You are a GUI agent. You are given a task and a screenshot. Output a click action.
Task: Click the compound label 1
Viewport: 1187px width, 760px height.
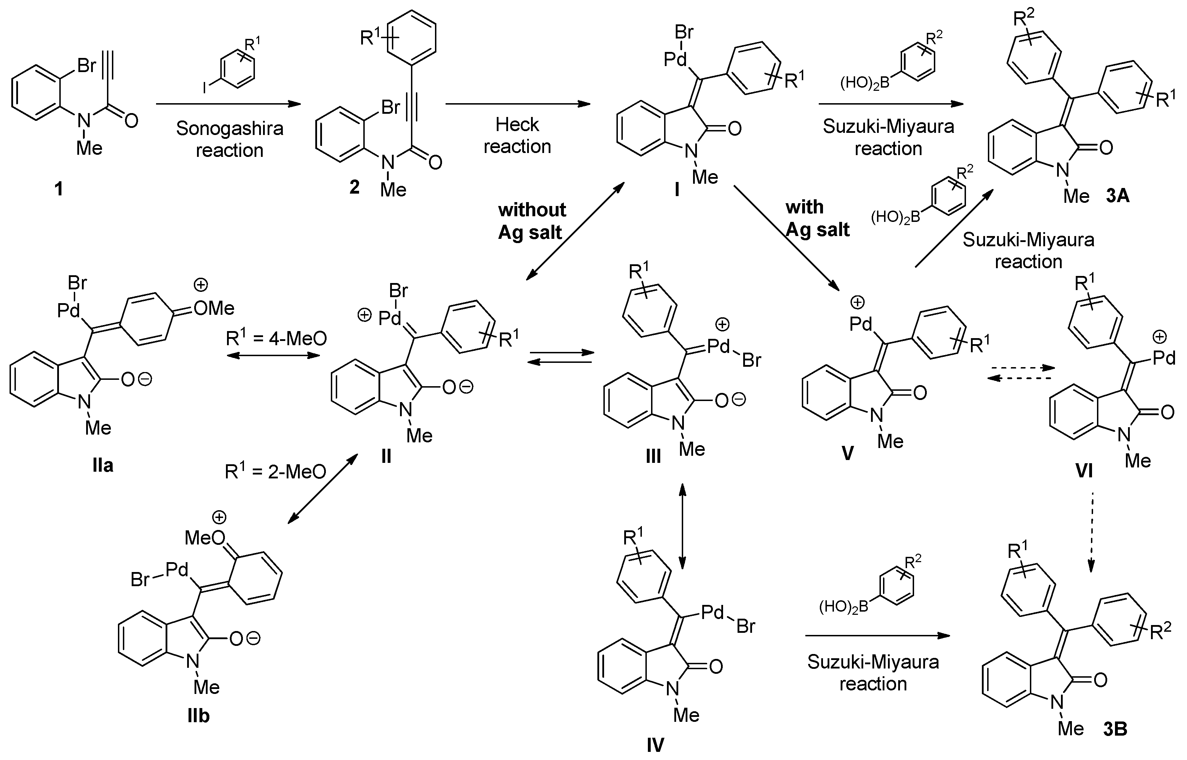tap(59, 189)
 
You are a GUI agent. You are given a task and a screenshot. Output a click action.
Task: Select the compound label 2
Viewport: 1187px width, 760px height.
tap(354, 187)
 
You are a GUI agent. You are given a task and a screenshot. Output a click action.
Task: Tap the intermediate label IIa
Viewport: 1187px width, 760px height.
tap(103, 465)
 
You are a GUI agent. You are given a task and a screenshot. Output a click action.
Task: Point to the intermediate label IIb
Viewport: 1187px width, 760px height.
tap(198, 715)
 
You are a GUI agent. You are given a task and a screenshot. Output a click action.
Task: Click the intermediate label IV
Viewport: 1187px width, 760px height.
tap(655, 745)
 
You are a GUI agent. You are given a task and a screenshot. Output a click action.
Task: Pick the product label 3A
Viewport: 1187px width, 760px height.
tap(1117, 196)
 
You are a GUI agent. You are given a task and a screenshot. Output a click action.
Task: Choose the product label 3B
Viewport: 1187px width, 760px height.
tap(1115, 729)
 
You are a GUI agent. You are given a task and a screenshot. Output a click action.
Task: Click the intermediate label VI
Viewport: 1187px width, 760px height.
tap(1084, 471)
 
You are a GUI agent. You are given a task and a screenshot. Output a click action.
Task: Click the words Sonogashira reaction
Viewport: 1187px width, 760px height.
tap(230, 139)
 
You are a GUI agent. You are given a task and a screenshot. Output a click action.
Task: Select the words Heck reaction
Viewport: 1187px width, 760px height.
tap(517, 135)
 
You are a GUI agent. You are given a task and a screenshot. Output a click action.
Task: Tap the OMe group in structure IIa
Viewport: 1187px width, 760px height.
tap(214, 309)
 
